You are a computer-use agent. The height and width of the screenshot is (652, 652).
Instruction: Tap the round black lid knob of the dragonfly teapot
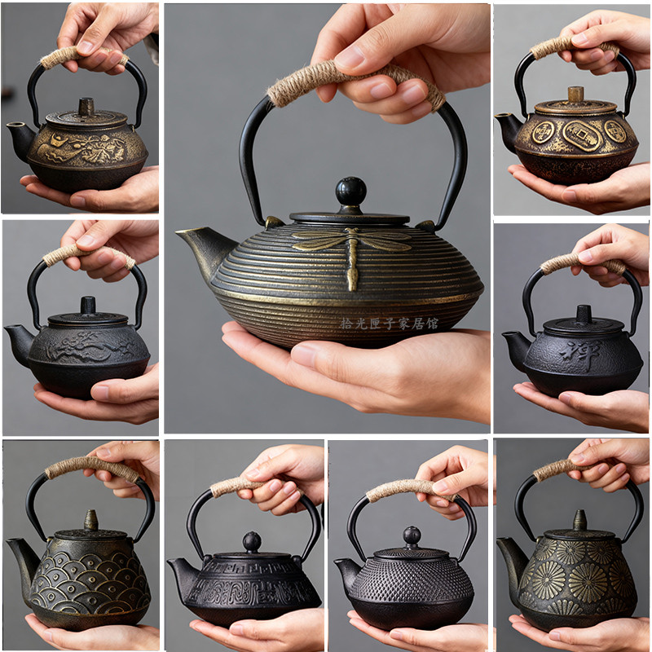click(x=351, y=192)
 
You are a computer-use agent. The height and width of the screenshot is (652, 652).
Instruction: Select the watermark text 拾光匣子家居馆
click(x=389, y=324)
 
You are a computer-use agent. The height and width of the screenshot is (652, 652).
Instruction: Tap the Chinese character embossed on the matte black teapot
click(x=593, y=351)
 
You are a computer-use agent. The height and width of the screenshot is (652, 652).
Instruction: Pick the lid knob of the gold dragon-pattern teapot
click(x=86, y=107)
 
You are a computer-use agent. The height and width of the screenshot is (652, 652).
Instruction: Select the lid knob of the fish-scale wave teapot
click(x=90, y=519)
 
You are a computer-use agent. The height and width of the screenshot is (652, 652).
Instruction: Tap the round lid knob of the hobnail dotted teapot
click(x=412, y=536)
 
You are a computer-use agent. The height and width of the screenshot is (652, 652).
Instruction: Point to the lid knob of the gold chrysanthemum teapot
click(x=579, y=520)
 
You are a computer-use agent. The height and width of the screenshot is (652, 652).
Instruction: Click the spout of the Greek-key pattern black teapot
click(x=180, y=570)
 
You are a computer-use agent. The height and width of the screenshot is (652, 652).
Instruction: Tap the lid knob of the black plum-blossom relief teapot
click(x=87, y=306)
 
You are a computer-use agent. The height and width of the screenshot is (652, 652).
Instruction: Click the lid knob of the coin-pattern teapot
click(x=576, y=95)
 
